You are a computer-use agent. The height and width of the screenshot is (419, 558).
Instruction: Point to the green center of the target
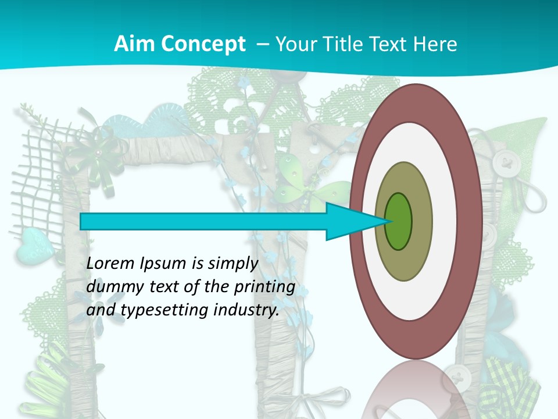pos(398,221)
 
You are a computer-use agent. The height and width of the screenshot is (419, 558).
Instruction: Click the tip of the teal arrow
pos(388,221)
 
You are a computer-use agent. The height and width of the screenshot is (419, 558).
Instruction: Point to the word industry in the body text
pos(245,310)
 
